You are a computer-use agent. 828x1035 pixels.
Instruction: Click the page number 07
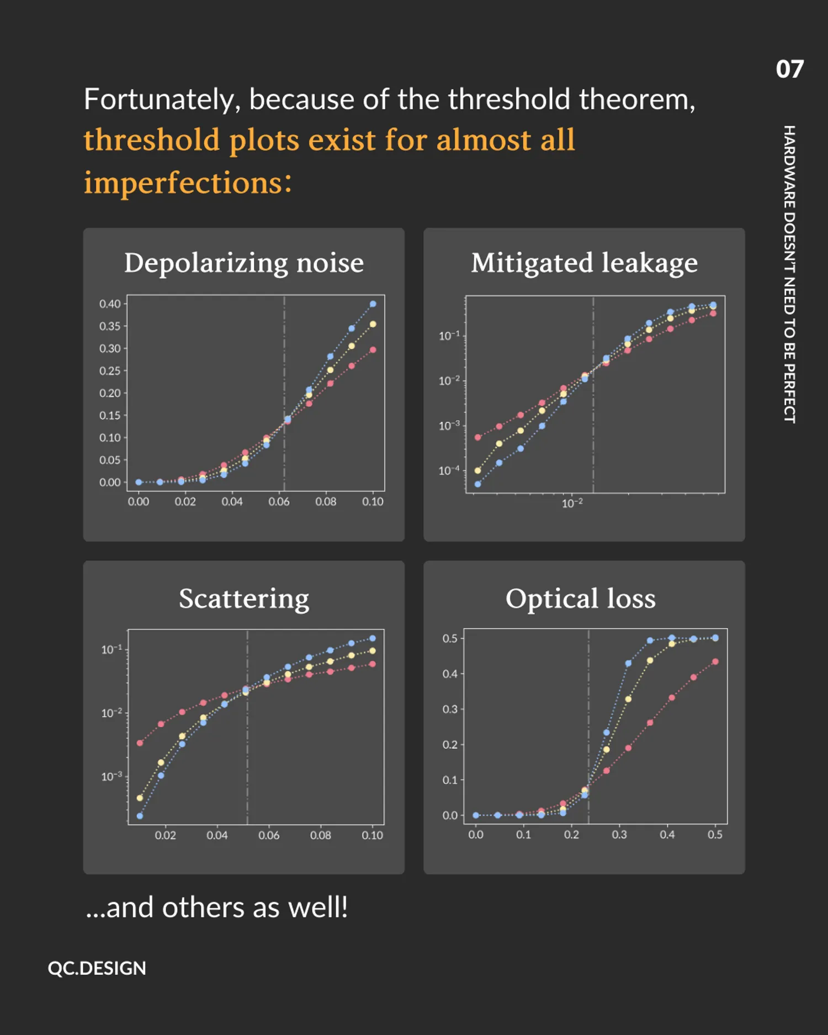pyautogui.click(x=789, y=70)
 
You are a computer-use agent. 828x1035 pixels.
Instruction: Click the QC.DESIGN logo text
pyautogui.click(x=97, y=968)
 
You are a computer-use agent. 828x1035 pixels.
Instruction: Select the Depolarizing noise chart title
pyautogui.click(x=244, y=263)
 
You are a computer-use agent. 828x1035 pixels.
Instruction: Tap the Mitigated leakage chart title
pyautogui.click(x=584, y=263)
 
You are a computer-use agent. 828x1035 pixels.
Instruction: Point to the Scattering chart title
pyautogui.click(x=244, y=598)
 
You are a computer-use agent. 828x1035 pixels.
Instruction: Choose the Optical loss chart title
pyautogui.click(x=581, y=598)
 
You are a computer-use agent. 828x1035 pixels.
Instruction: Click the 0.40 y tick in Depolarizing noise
pyautogui.click(x=109, y=304)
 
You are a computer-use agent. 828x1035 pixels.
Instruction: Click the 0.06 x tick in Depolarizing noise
pyautogui.click(x=279, y=502)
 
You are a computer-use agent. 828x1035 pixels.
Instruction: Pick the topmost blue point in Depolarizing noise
pyautogui.click(x=373, y=304)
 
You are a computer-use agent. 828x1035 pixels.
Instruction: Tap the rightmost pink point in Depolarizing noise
pyautogui.click(x=373, y=350)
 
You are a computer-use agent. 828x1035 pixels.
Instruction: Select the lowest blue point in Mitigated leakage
pyautogui.click(x=477, y=484)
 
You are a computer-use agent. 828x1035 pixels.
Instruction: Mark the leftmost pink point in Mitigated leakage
pyautogui.click(x=477, y=437)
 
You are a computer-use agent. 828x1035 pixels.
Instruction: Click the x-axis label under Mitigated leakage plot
pyautogui.click(x=572, y=503)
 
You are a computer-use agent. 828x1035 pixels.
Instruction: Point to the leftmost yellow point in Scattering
pyautogui.click(x=140, y=798)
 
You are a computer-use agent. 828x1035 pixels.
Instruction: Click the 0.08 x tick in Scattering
pyautogui.click(x=321, y=836)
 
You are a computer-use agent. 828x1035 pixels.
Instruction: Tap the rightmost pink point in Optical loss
pyautogui.click(x=715, y=661)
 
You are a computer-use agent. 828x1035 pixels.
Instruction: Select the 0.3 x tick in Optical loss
pyautogui.click(x=619, y=835)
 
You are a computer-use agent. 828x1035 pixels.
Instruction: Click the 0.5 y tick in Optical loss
pyautogui.click(x=449, y=639)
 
